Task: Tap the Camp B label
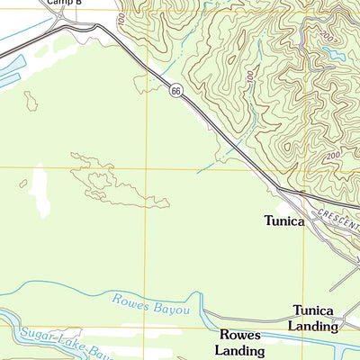tap(65, 4)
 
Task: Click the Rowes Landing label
tap(241, 342)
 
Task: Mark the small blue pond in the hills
tap(335, 55)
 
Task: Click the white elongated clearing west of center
tap(40, 191)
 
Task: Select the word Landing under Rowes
tap(241, 351)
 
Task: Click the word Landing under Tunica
tap(312, 326)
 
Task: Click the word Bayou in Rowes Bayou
tap(170, 309)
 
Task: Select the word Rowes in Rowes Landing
tap(241, 334)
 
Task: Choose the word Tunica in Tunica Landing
tap(312, 310)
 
